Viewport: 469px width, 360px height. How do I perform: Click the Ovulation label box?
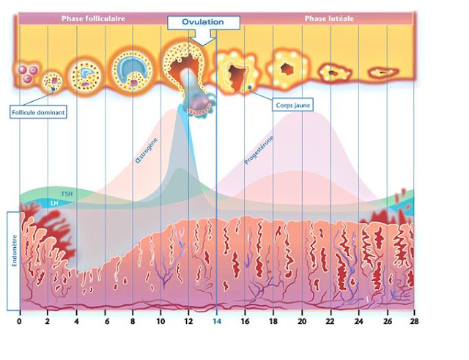tap(204, 23)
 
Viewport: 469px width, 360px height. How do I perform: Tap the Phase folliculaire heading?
tap(93, 18)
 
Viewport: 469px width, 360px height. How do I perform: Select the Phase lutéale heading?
tap(329, 18)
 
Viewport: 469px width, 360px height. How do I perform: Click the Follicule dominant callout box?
tap(38, 112)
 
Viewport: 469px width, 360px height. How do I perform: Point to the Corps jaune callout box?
tap(292, 105)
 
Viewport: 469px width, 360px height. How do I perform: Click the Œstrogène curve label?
tap(147, 150)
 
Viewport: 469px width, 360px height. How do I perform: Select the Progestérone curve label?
tap(259, 150)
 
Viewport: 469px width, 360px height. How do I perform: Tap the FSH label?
tap(67, 194)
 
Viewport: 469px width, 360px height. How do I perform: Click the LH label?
tap(54, 204)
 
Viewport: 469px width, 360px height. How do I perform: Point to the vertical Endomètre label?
tap(15, 251)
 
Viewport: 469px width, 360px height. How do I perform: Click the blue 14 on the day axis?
tap(217, 321)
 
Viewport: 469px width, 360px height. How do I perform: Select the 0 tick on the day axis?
tap(20, 321)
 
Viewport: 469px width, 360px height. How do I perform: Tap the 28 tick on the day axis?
tap(414, 321)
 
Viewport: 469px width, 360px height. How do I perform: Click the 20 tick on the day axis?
tap(302, 321)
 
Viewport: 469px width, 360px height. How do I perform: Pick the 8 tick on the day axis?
tap(133, 321)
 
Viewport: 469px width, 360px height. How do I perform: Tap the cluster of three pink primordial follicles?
tap(28, 73)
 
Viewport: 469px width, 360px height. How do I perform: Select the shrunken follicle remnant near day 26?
tap(383, 72)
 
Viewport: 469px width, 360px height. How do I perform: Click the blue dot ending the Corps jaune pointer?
tap(250, 87)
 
